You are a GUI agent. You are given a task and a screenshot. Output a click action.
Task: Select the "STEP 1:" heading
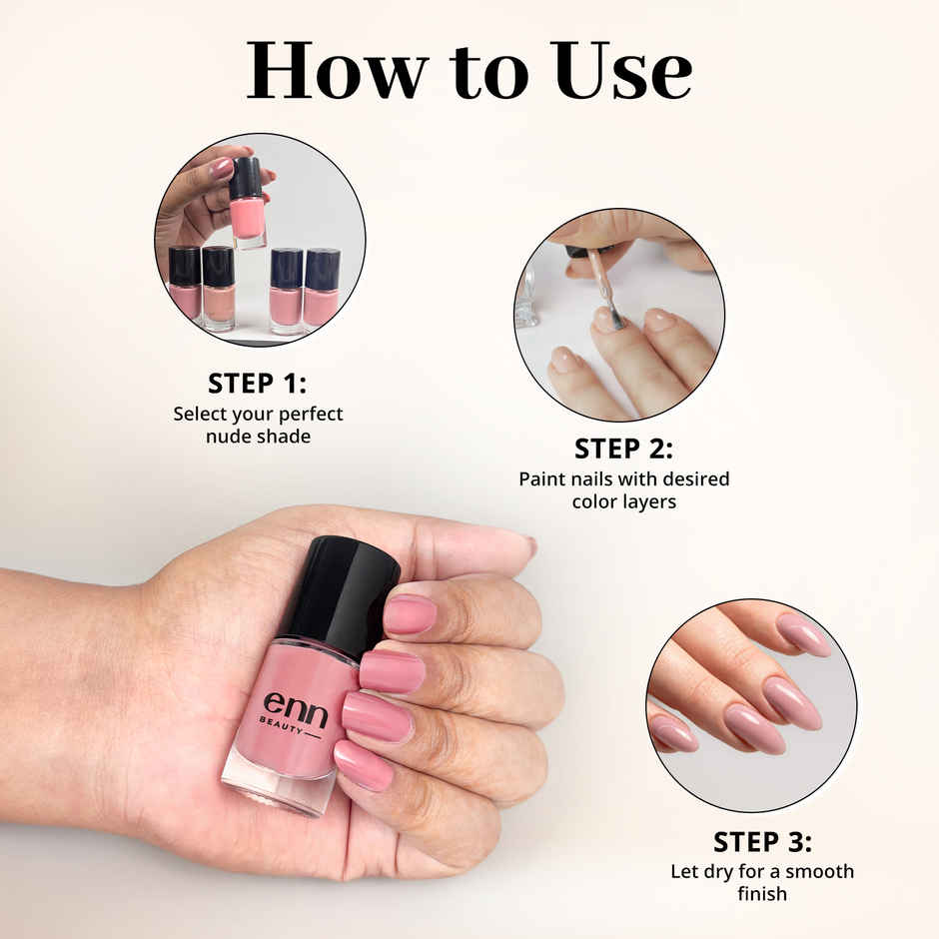pos(258,384)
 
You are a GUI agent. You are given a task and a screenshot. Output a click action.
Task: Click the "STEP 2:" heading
pos(623,449)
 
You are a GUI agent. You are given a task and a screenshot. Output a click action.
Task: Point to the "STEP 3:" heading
pos(762,841)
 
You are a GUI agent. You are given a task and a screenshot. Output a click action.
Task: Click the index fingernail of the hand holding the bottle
pos(410,614)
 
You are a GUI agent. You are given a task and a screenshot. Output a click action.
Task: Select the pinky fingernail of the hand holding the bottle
pos(364,765)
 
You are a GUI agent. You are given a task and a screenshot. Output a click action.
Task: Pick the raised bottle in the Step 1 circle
pos(247,205)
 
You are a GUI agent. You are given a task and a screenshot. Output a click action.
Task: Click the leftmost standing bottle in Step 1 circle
pos(185,284)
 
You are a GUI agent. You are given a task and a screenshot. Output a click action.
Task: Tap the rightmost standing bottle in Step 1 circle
pos(322,288)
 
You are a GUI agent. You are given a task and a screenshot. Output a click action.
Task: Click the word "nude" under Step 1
pos(228,437)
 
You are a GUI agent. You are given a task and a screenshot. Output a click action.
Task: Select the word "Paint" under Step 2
pos(542,479)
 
